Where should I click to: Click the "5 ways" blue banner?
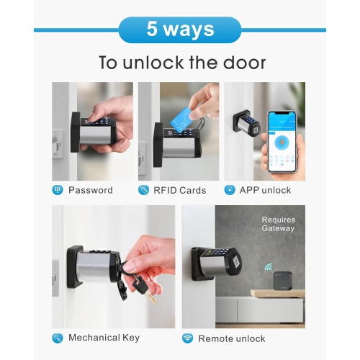[x=180, y=30]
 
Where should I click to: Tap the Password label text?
[x=90, y=190]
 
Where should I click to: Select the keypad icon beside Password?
[x=58, y=190]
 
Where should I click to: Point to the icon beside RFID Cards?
[x=144, y=190]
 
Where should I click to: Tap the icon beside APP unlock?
[x=230, y=190]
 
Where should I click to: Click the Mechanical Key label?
[x=104, y=338]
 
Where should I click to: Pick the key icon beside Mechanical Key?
[x=58, y=338]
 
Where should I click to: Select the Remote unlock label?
[x=232, y=338]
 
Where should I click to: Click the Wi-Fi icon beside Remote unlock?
[x=187, y=338]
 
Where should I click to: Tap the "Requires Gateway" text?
[x=278, y=224]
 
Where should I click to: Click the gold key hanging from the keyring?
[x=147, y=292]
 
